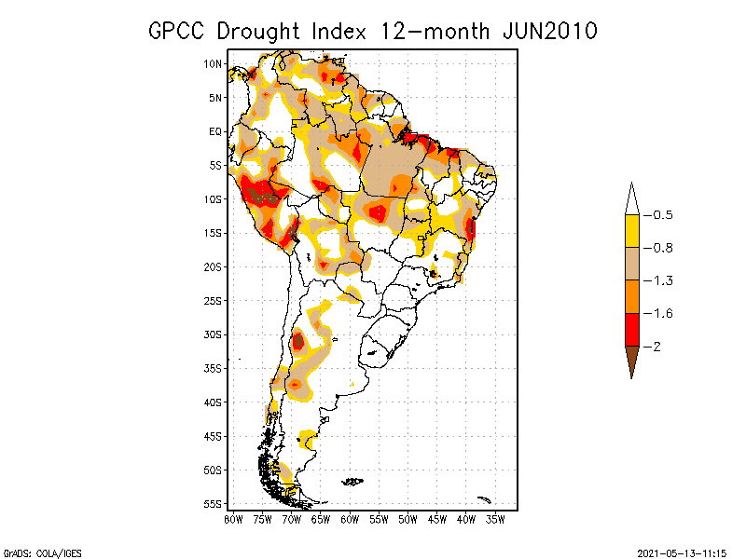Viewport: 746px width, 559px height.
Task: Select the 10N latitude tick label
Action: (213, 63)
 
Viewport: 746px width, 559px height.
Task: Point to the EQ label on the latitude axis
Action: (214, 131)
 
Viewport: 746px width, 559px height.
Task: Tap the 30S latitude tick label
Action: (213, 334)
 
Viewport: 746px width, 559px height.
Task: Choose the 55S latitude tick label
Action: (213, 504)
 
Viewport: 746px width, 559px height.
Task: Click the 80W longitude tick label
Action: (233, 518)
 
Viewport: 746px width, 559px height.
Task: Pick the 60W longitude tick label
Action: (351, 518)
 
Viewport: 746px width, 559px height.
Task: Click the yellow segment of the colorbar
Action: (631, 231)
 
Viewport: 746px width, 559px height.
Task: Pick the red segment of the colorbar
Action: (631, 329)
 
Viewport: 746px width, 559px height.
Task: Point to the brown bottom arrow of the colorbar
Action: (631, 359)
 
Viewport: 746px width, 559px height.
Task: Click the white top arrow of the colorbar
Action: (631, 200)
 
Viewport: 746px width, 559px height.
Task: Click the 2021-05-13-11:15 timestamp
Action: (682, 552)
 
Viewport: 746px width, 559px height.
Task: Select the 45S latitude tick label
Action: (213, 436)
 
